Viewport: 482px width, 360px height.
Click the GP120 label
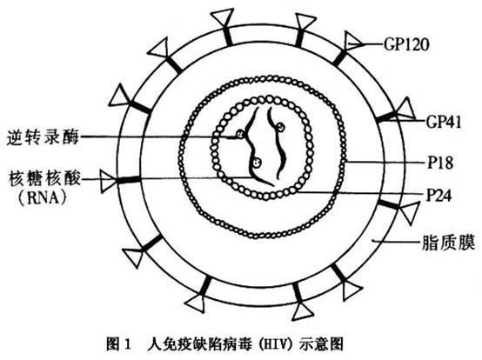point(405,44)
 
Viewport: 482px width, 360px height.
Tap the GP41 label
point(444,122)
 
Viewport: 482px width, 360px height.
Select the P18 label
point(440,163)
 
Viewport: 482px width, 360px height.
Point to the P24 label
point(439,195)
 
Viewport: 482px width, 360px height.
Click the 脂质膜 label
point(448,243)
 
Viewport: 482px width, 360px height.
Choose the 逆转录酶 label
point(43,137)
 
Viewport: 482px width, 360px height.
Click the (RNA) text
point(43,198)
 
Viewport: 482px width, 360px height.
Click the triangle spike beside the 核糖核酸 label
point(107,181)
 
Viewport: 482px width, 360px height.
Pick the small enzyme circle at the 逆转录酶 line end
point(239,134)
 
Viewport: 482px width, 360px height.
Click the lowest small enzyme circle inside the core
point(257,162)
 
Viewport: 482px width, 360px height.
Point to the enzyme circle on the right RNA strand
point(280,127)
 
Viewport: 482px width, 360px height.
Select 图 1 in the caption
point(118,343)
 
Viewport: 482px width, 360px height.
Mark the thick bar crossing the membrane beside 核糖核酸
point(129,180)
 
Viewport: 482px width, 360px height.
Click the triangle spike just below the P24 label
point(408,212)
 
